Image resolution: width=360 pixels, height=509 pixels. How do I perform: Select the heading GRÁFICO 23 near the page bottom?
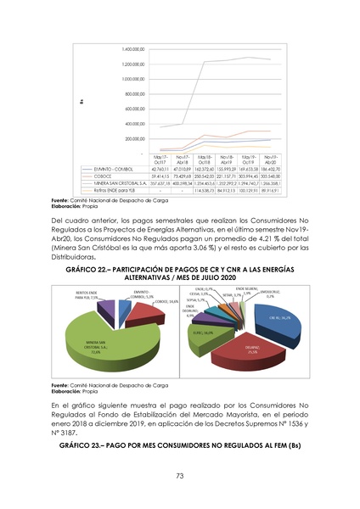pos(179,445)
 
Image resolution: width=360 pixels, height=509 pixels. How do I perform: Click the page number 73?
pos(180,477)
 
